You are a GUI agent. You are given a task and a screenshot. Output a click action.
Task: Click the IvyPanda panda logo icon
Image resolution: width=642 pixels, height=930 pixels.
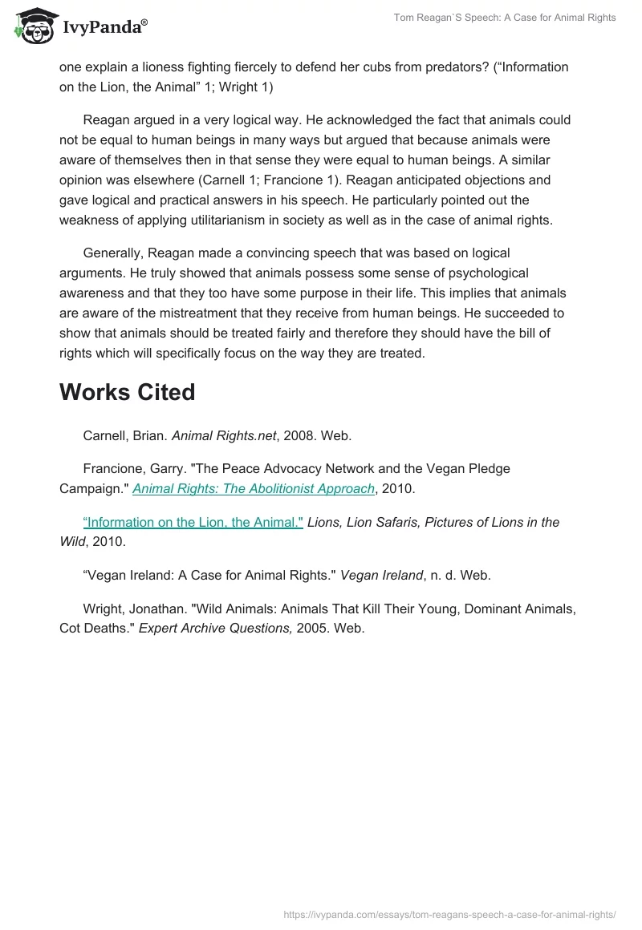(34, 27)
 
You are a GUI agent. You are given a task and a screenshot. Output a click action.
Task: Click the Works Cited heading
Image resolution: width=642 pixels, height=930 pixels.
(127, 392)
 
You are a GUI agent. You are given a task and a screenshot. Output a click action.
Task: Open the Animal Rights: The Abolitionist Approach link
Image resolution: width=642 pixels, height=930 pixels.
(254, 488)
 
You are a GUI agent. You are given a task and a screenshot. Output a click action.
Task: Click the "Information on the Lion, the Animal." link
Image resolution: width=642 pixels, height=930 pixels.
(193, 522)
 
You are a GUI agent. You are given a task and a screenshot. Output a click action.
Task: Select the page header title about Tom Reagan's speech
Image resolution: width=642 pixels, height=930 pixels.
(505, 18)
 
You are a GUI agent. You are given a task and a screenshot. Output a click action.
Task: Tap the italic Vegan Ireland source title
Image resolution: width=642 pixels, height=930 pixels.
(382, 575)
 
